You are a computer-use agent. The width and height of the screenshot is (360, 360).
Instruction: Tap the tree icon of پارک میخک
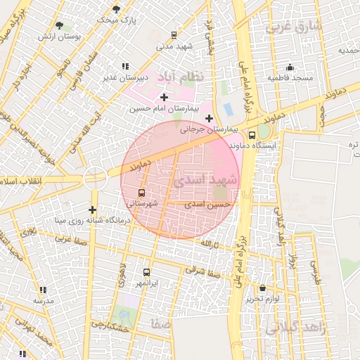tap(115, 9)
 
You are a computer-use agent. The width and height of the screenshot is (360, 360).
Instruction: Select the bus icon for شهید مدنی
tap(174, 34)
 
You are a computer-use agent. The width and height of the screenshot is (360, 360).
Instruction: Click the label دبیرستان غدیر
tap(124, 77)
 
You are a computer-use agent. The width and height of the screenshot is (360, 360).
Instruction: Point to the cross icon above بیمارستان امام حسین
tap(164, 97)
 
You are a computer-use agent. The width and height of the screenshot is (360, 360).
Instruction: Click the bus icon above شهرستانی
tap(142, 193)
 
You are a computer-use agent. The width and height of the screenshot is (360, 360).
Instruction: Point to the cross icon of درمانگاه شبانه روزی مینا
tap(92, 210)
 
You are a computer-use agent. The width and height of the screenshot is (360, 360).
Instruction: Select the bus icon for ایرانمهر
tap(146, 272)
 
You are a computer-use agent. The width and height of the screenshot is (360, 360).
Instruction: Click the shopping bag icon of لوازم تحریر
tap(262, 288)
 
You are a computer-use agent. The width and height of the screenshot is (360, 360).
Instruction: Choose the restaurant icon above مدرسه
tap(43, 290)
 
